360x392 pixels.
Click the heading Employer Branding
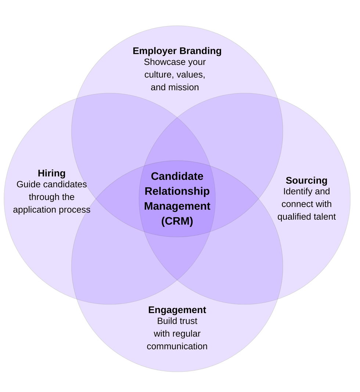click(177, 51)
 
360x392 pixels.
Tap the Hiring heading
click(51, 173)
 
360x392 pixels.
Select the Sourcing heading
click(306, 181)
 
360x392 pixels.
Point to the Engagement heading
click(177, 310)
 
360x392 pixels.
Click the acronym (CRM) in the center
click(177, 221)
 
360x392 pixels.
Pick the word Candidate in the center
click(177, 176)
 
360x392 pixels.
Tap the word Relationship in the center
click(177, 191)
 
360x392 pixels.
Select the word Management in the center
click(177, 206)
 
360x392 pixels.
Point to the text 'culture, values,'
click(175, 75)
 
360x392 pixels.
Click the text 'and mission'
click(175, 87)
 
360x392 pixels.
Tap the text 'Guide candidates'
click(51, 184)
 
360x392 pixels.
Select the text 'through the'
click(51, 197)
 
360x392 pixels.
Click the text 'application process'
click(51, 210)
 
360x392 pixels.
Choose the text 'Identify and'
click(306, 191)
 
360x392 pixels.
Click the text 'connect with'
click(306, 204)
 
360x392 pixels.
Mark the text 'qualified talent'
click(306, 217)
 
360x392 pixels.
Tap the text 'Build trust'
click(177, 321)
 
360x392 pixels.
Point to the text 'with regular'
click(177, 334)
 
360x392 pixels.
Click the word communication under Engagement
click(177, 346)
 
